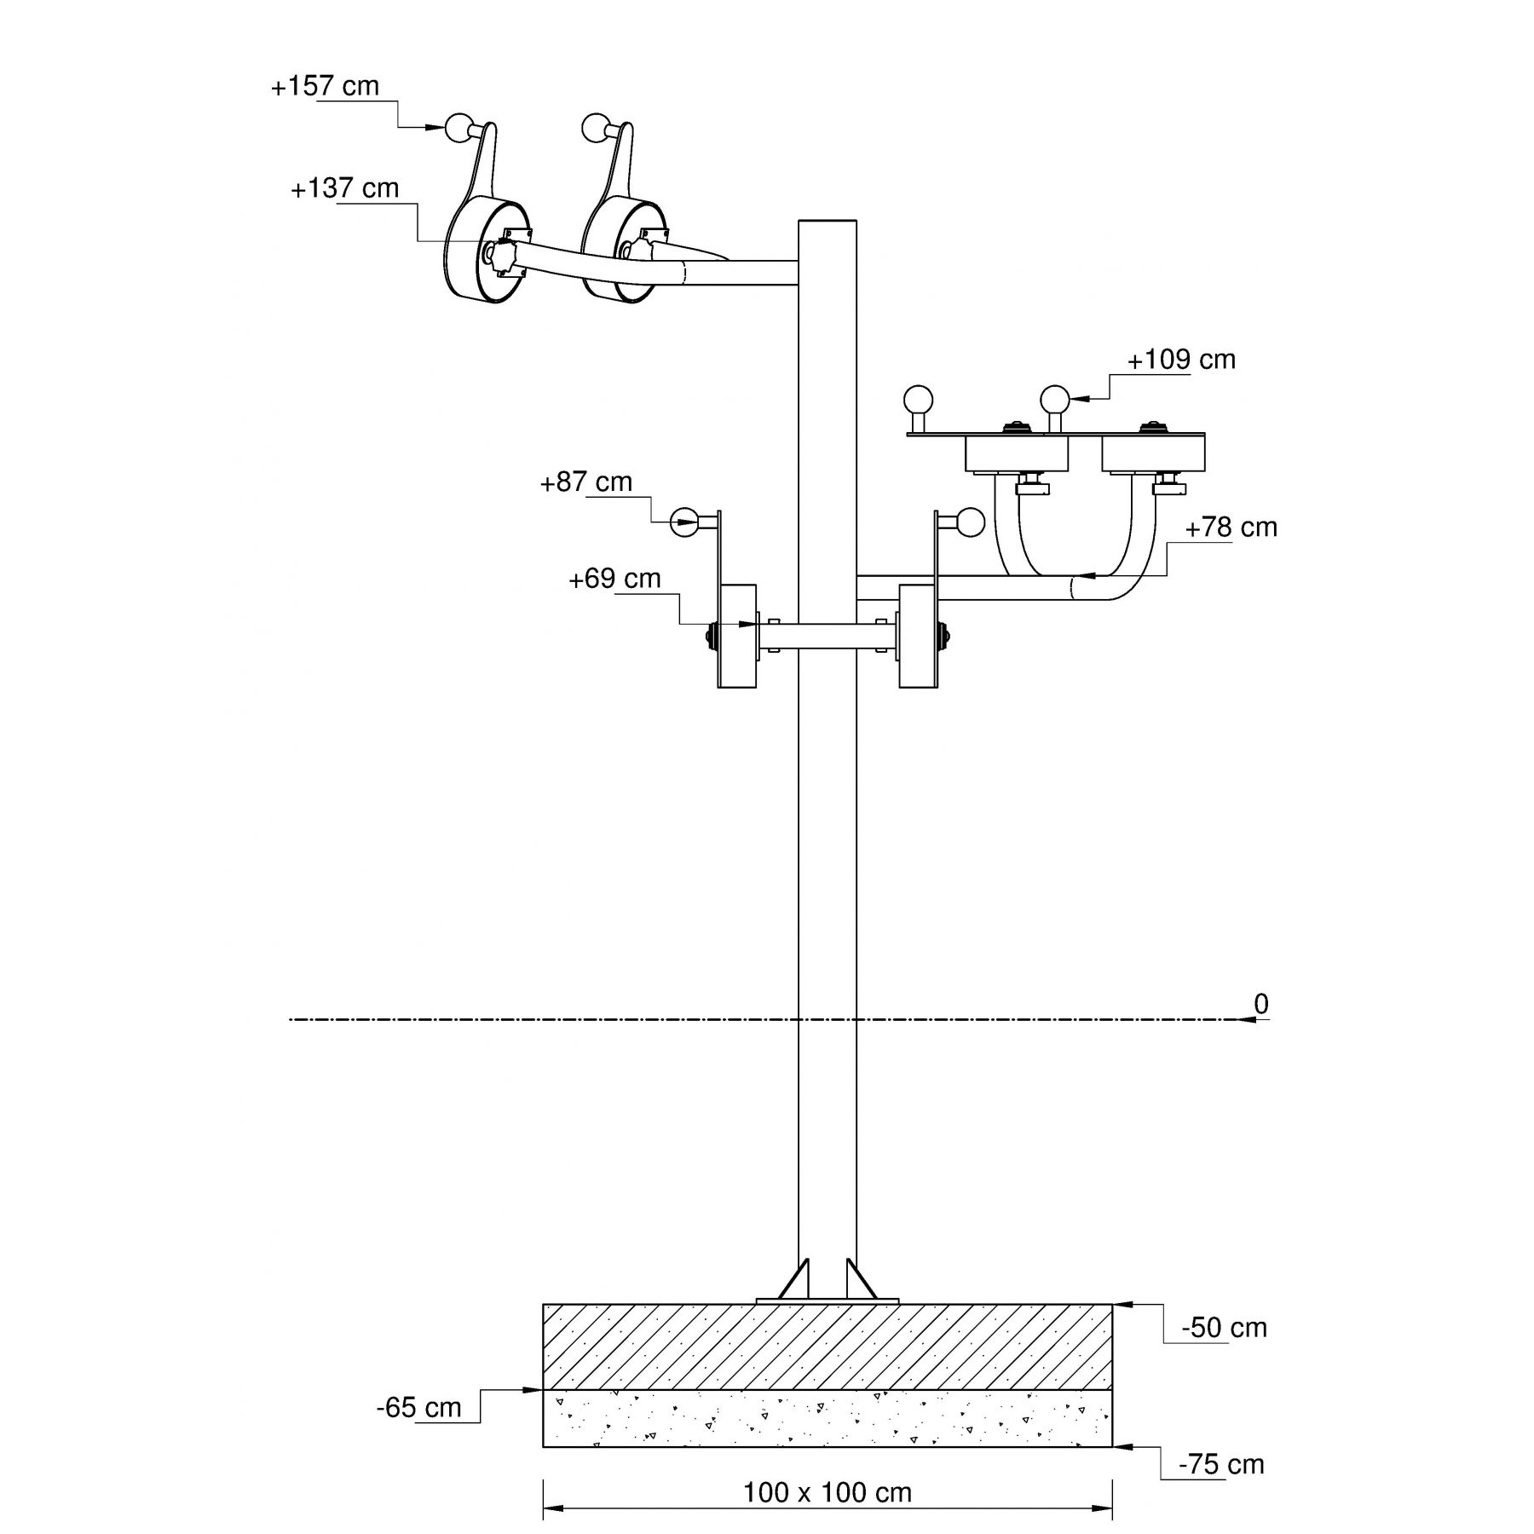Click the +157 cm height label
[x=325, y=87]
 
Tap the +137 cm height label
[x=345, y=188]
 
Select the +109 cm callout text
[x=1181, y=360]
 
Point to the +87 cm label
[x=586, y=482]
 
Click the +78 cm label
[x=1231, y=528]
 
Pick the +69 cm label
[x=614, y=579]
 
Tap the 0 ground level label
[x=1261, y=1005]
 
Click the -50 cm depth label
[x=1224, y=1328]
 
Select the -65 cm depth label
[x=418, y=1407]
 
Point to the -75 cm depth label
[x=1221, y=1464]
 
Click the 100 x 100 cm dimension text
[x=828, y=1492]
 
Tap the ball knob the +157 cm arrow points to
[x=458, y=128]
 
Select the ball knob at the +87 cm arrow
[x=683, y=521]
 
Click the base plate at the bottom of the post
[x=828, y=1300]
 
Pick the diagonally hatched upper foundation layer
[x=828, y=1347]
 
